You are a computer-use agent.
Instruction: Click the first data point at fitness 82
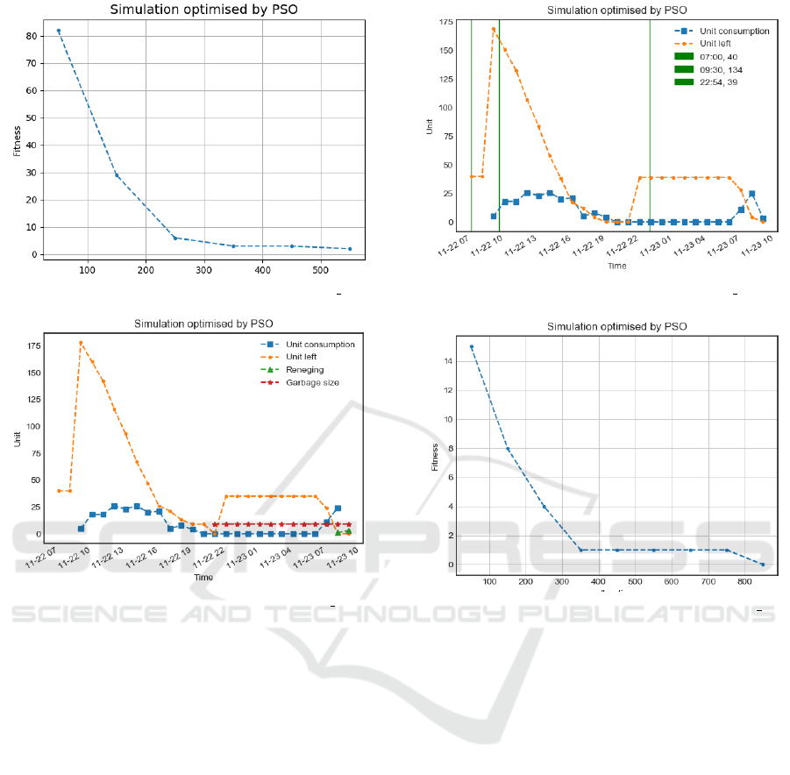59,31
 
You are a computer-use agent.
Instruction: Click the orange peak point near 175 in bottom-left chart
81,343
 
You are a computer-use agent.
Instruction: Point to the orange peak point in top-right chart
494,29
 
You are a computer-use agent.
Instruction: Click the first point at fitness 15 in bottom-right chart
472,347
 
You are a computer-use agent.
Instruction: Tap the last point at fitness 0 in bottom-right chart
762,565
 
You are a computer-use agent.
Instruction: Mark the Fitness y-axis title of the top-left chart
17,140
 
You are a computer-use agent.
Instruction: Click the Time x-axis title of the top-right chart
616,267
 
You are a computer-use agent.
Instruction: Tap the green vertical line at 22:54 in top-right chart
650,123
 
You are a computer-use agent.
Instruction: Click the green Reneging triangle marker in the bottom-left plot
338,532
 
